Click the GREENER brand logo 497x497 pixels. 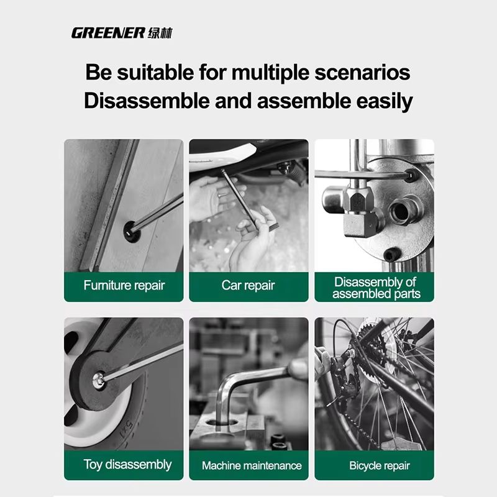tap(107, 33)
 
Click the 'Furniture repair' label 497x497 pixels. tap(124, 286)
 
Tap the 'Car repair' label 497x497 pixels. tap(248, 286)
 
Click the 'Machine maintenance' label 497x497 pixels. tap(252, 465)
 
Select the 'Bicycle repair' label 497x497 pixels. tap(379, 465)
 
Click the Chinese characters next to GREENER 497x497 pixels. tap(161, 33)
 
